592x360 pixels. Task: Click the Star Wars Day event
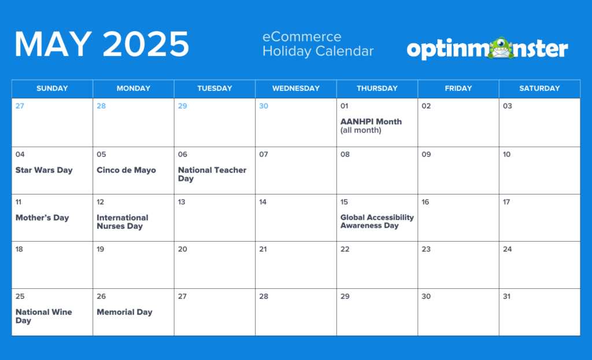[x=44, y=170]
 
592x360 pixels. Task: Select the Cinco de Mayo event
[x=126, y=170]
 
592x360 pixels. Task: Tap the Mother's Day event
[x=42, y=218]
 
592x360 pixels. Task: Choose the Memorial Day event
[x=124, y=312]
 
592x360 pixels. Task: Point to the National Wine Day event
[x=44, y=316]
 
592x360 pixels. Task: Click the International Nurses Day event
[x=123, y=222]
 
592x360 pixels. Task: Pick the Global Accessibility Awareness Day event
[x=377, y=221]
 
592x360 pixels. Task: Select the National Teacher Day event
[x=212, y=175]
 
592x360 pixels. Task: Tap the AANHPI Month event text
[x=371, y=125]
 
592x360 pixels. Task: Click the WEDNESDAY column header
[x=296, y=88]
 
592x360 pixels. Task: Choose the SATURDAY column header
[x=539, y=88]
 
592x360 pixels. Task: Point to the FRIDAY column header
[x=458, y=88]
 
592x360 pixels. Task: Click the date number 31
[x=507, y=296]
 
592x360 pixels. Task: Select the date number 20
[x=183, y=249]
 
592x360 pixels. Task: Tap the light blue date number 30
[x=264, y=106]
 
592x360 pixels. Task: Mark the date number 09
[x=426, y=154]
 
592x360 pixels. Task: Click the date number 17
[x=506, y=202]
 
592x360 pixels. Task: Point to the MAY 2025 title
[x=102, y=44]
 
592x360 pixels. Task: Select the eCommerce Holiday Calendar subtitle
[x=318, y=44]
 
